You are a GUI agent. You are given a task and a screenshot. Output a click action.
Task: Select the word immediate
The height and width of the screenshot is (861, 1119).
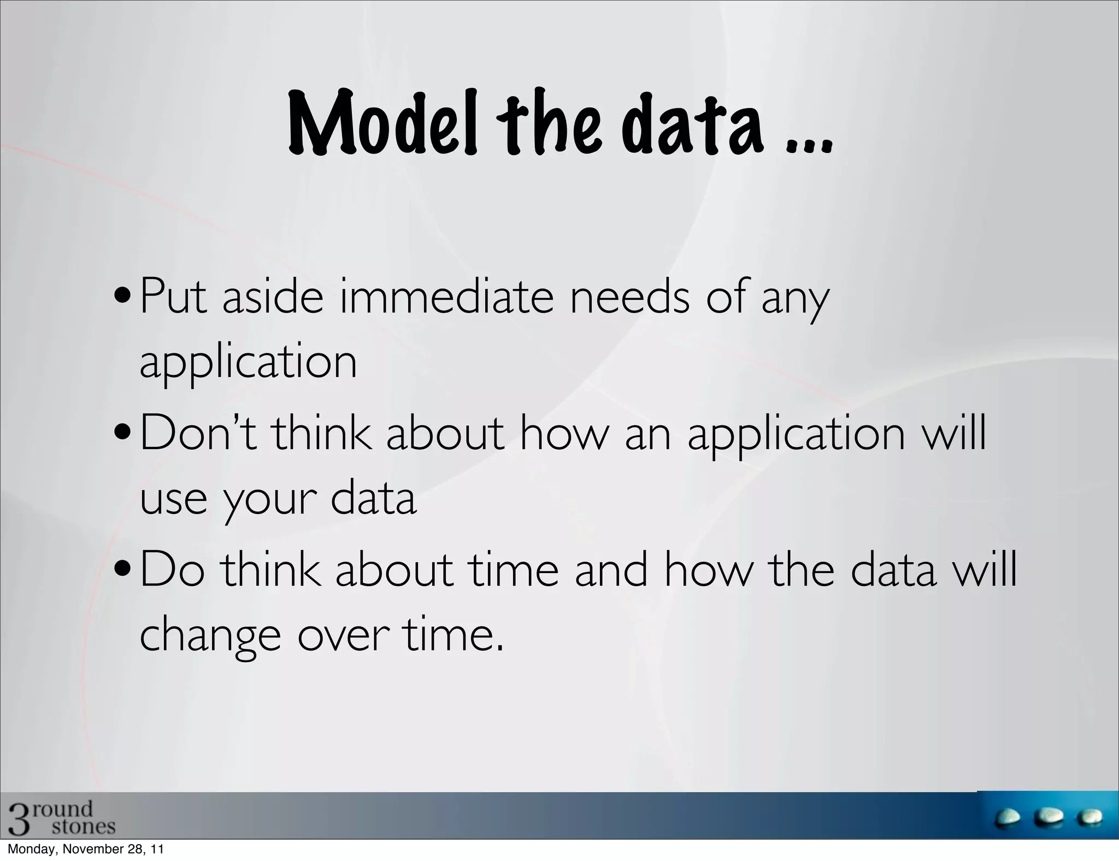[x=445, y=298]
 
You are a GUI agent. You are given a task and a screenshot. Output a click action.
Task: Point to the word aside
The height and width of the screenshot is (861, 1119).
[x=273, y=298]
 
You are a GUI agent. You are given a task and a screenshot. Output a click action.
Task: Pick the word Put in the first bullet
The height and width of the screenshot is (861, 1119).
[x=174, y=298]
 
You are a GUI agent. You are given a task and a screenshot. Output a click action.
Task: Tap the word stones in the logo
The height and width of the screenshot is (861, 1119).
[x=84, y=826]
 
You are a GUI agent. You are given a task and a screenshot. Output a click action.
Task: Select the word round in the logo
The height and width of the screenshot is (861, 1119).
[x=63, y=808]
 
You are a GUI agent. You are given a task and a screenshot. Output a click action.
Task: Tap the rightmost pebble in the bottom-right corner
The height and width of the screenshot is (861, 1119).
[x=1089, y=818]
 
